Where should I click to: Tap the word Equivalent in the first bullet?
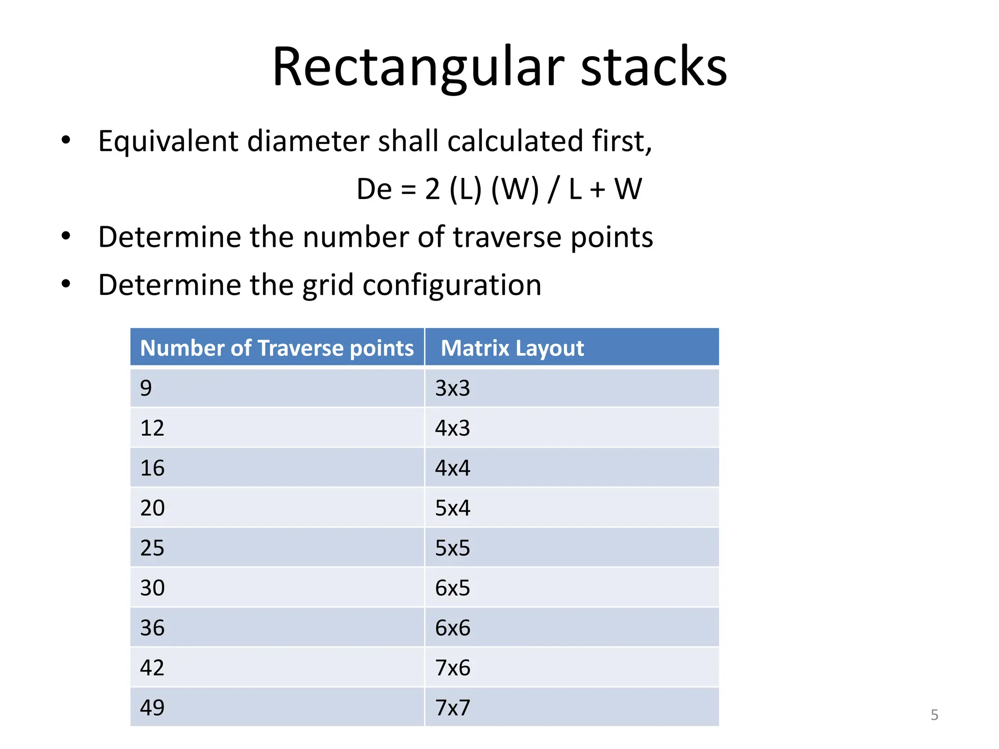click(168, 141)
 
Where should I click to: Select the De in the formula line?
click(374, 189)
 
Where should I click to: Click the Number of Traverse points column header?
click(277, 348)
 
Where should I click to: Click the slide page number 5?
click(934, 715)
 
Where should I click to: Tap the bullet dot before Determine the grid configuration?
click(66, 284)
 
